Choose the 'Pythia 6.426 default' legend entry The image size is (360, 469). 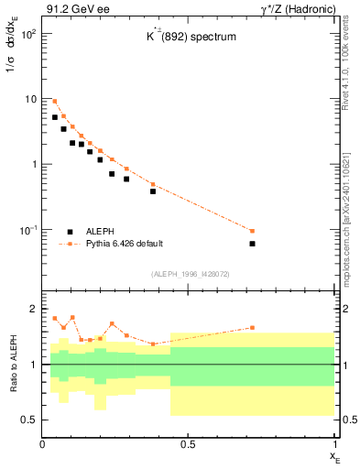(123, 244)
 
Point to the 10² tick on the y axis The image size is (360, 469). (27, 34)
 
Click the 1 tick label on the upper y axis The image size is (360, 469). (33, 165)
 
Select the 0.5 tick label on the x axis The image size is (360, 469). (187, 444)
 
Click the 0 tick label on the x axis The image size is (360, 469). (42, 444)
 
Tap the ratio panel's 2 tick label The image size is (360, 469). (34, 310)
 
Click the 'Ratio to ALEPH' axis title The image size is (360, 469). (13, 365)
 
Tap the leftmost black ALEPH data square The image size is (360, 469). (55, 117)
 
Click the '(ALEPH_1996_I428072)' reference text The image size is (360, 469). (190, 274)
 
